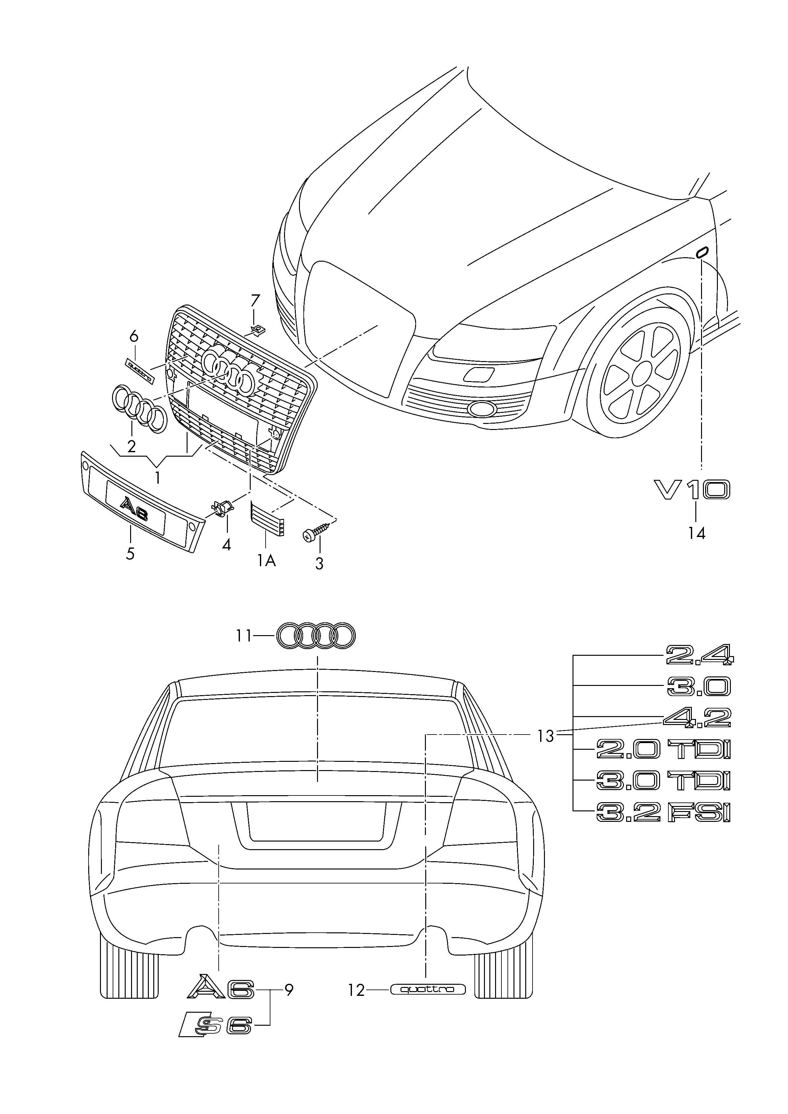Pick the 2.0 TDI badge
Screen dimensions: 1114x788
[663, 750]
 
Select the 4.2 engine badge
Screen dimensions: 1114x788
[697, 718]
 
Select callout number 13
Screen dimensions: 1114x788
[546, 736]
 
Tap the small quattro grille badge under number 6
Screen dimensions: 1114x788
[139, 370]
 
